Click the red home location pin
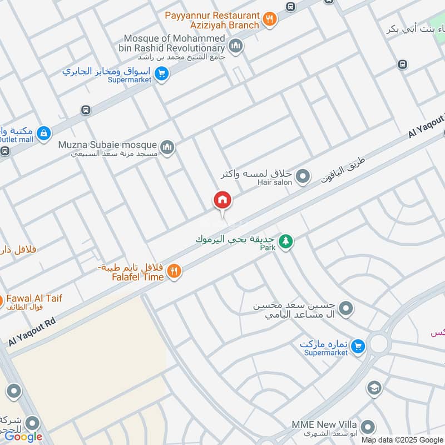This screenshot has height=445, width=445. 222,200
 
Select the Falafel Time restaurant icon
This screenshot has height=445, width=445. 174,271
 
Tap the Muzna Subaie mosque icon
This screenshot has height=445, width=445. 167,148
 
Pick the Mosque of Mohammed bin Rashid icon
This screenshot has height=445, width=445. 236,46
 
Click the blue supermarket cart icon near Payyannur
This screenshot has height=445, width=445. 161,75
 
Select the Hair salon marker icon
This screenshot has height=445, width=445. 303,177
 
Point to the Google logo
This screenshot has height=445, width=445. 23,437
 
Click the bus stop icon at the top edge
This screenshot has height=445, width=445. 290,6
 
